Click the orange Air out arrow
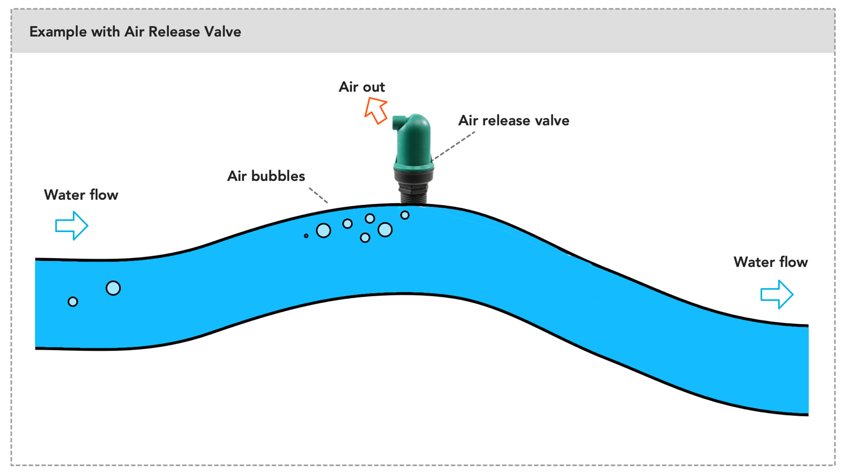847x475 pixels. (376, 110)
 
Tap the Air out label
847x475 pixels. (361, 87)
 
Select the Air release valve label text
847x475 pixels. (513, 121)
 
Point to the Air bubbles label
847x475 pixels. (266, 176)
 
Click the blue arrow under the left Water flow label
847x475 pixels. (72, 226)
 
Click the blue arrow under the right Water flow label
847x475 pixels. (777, 294)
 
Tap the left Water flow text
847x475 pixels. (81, 195)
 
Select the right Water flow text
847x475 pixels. (770, 263)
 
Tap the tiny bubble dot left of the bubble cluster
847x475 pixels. (306, 236)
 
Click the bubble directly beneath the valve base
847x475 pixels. (405, 215)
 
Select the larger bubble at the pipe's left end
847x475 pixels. (113, 288)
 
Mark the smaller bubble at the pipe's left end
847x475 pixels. (73, 302)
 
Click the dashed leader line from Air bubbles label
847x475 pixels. (318, 195)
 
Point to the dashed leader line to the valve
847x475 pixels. (455, 145)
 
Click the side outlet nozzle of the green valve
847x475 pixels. (398, 121)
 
